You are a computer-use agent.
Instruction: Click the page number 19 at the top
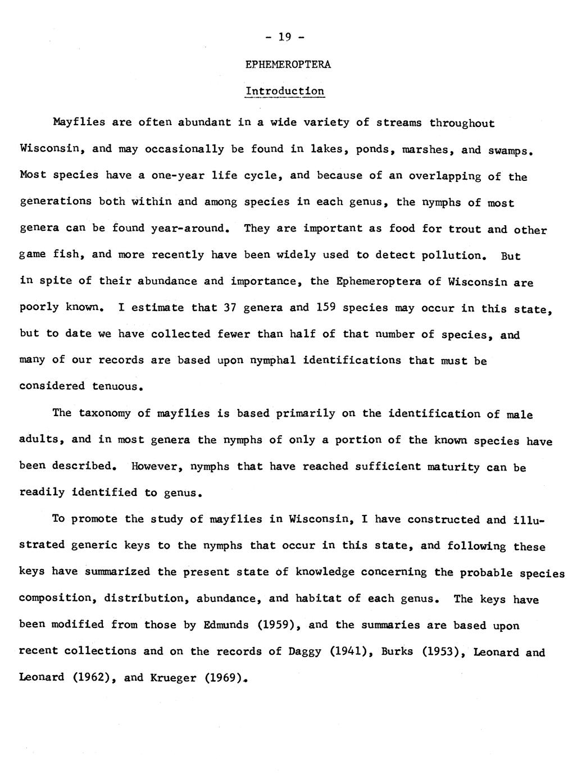click(285, 38)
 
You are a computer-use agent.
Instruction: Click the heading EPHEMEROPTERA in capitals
click(288, 65)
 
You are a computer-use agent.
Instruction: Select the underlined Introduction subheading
click(285, 91)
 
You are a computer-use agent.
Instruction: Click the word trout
click(465, 229)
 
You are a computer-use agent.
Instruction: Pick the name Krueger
click(171, 678)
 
